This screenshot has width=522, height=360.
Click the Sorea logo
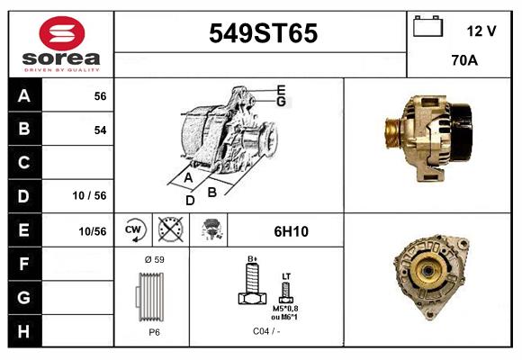[x=61, y=44]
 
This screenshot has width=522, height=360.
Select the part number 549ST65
[x=263, y=33]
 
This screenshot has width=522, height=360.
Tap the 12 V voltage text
[x=481, y=31]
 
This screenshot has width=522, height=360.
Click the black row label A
[x=24, y=96]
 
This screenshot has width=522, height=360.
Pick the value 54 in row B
[x=100, y=130]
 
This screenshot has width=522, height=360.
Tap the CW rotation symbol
[x=134, y=230]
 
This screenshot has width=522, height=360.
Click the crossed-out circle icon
[x=169, y=230]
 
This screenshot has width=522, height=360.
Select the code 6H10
[x=291, y=231]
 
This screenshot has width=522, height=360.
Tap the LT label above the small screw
[x=286, y=275]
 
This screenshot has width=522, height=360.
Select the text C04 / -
[x=265, y=331]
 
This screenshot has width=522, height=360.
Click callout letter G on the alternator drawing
[x=281, y=102]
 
